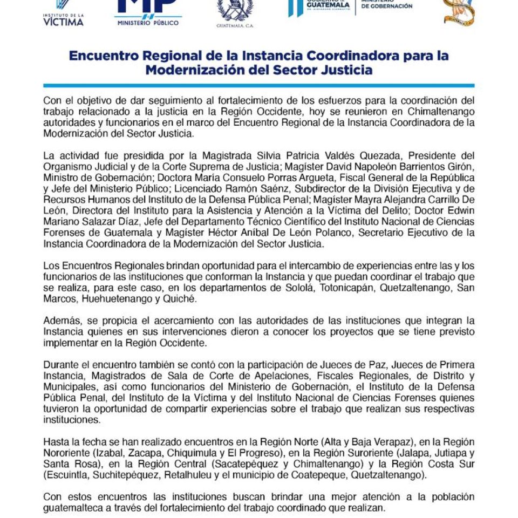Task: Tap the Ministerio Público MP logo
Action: click(x=148, y=12)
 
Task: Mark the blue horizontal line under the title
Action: click(x=259, y=85)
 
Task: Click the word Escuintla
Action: click(x=67, y=475)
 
